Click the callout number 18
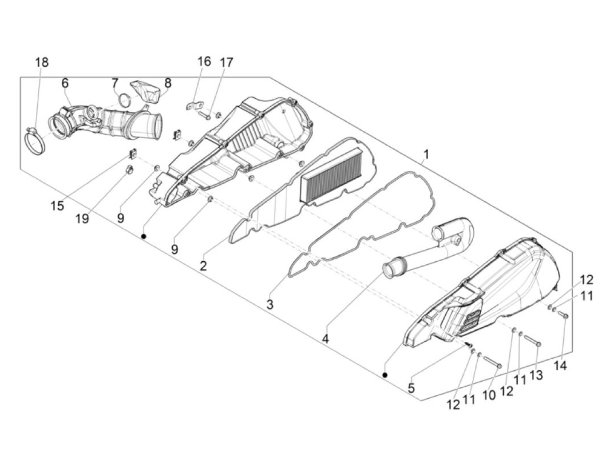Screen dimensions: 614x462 [42, 62]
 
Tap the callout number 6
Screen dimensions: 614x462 [65, 83]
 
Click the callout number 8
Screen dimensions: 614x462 [168, 83]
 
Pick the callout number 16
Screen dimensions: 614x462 [204, 61]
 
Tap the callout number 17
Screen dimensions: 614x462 [226, 62]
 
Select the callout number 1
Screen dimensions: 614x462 [426, 155]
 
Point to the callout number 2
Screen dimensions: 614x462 [203, 266]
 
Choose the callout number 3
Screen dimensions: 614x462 [270, 304]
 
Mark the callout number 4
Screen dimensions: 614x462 [325, 339]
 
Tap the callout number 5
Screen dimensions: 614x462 [411, 388]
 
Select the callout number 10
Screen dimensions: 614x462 [489, 394]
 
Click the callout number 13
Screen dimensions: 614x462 [536, 375]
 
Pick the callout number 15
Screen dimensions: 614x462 [57, 206]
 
